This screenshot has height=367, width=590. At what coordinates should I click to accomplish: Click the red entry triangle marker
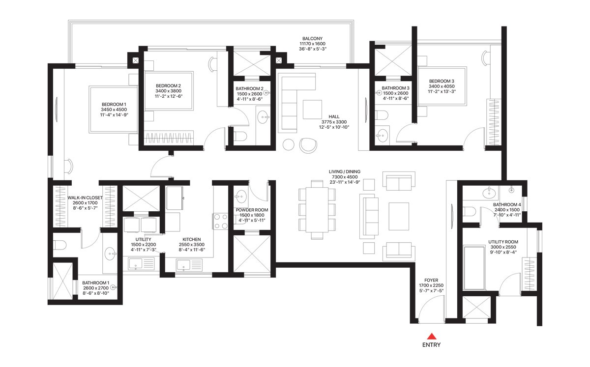432,336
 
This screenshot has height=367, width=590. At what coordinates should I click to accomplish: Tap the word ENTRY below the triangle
432,345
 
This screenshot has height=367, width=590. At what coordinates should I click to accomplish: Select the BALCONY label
312,38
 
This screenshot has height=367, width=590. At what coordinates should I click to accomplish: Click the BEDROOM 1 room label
114,104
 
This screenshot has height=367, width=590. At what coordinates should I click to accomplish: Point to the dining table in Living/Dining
317,210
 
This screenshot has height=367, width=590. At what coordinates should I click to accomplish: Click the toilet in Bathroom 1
59,245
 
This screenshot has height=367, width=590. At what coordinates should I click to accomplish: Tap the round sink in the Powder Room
241,197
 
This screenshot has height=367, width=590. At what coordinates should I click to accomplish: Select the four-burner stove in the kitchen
221,221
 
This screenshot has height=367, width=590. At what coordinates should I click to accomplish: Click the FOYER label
431,281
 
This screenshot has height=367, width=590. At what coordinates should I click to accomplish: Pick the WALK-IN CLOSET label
85,198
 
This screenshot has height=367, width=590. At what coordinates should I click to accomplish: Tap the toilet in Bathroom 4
469,211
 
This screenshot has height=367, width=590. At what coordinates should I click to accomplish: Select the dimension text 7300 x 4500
345,177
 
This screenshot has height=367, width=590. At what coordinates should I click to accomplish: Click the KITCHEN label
191,239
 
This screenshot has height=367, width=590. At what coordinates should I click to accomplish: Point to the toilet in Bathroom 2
240,137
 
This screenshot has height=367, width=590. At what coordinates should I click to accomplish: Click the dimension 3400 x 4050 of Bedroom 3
442,86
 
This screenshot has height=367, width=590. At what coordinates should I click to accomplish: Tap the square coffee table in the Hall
312,109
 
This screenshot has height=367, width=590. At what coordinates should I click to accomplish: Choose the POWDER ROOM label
252,210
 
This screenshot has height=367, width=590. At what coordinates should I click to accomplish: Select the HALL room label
334,116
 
